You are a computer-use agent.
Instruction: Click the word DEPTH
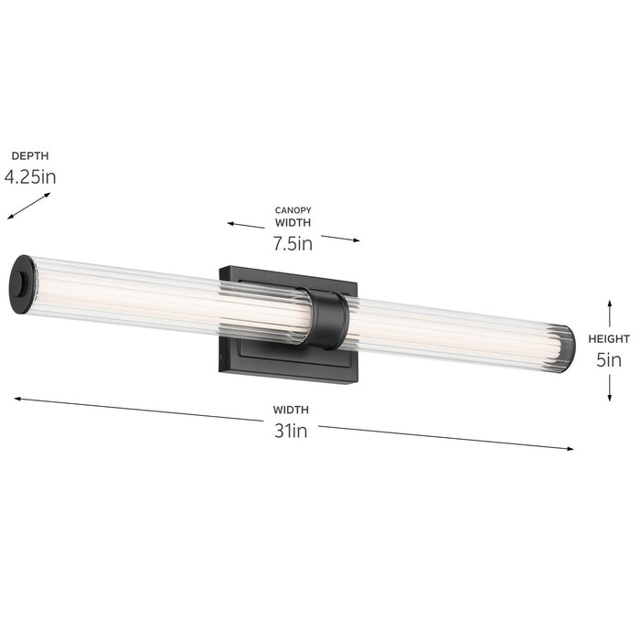click(x=29, y=156)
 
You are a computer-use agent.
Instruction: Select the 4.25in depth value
click(x=29, y=176)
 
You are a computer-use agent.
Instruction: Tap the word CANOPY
click(x=293, y=210)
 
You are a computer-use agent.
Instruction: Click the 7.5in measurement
click(x=293, y=243)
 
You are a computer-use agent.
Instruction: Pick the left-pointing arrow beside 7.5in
click(x=246, y=225)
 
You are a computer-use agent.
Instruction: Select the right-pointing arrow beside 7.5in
click(x=340, y=239)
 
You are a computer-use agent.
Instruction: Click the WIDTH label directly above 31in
click(x=291, y=410)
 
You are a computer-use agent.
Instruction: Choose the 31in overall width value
click(x=291, y=431)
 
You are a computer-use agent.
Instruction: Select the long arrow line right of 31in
click(x=448, y=437)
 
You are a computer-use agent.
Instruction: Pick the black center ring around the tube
click(x=327, y=319)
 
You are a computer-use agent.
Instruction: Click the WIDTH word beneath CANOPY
click(x=293, y=222)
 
